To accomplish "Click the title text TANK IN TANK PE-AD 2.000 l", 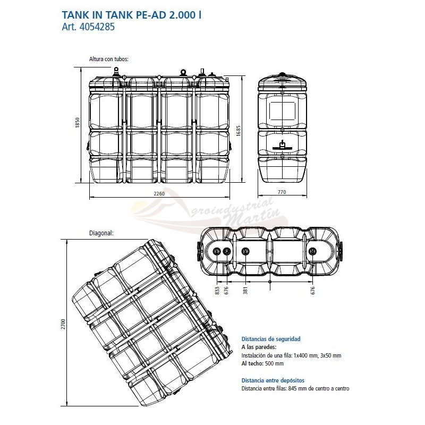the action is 132,15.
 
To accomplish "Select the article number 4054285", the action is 97,27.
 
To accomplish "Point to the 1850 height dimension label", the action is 78,123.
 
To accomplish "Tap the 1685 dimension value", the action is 239,131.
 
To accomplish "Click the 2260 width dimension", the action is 159,193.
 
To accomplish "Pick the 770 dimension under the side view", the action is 282,192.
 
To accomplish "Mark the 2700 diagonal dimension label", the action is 63,324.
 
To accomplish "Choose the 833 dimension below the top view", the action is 217,291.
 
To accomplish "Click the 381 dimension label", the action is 245,291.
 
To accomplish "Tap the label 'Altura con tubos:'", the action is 109,59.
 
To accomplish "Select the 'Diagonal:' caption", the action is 101,233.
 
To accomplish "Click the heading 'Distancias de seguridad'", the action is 271,339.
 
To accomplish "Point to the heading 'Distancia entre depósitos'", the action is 273,380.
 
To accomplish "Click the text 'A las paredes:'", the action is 259,347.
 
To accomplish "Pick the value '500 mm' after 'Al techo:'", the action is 274,363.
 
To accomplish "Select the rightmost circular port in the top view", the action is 312,251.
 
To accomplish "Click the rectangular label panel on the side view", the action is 282,111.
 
